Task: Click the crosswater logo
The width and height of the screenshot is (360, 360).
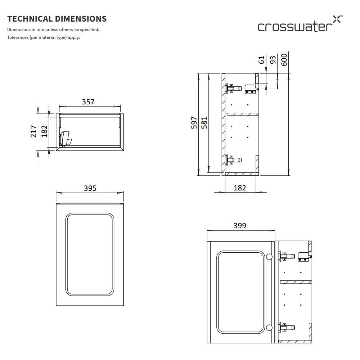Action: (300, 24)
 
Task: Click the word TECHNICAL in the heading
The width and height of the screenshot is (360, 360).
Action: (30, 19)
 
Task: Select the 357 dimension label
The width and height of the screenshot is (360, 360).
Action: (88, 102)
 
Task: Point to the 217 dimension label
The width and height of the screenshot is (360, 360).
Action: (33, 131)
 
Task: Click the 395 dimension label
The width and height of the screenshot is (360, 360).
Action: (90, 188)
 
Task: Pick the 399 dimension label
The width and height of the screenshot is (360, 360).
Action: (240, 226)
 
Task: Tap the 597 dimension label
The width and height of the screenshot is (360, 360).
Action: (194, 123)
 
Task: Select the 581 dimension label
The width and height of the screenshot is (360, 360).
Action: (204, 123)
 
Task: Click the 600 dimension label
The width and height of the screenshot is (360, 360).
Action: (284, 60)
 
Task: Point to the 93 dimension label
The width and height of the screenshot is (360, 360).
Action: (273, 60)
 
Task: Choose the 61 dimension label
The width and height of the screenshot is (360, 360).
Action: (261, 60)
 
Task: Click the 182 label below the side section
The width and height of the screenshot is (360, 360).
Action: (240, 188)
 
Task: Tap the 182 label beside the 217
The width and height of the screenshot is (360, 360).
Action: (44, 131)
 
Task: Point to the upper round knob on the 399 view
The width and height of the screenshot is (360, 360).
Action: (269, 256)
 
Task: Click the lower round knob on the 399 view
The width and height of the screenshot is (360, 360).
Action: (269, 328)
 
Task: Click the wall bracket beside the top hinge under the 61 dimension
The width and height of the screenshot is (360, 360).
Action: (252, 89)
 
